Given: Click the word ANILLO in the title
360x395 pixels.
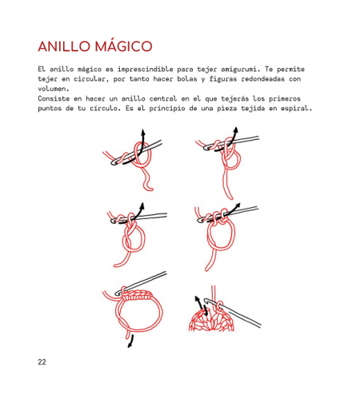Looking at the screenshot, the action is point(64,46).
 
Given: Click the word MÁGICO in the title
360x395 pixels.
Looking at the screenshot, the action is point(123,46).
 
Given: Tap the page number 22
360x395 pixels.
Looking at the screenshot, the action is point(42,362).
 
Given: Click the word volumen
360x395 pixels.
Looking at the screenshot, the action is point(54,89).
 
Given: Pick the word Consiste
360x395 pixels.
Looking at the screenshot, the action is point(54,98).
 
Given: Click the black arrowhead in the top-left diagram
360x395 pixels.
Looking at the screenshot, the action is point(143,133).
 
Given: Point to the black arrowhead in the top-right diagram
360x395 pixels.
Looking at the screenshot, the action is point(236,130).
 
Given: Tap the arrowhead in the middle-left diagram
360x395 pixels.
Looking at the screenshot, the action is point(142,205).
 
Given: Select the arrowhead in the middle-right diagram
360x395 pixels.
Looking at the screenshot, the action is point(238,205).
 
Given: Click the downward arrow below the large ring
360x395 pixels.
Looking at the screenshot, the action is point(130,341).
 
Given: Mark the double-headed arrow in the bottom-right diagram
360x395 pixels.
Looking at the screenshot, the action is point(202,305).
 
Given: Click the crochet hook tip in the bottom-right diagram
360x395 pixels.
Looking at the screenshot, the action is point(206,300).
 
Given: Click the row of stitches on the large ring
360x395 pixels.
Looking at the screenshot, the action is point(138,295).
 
